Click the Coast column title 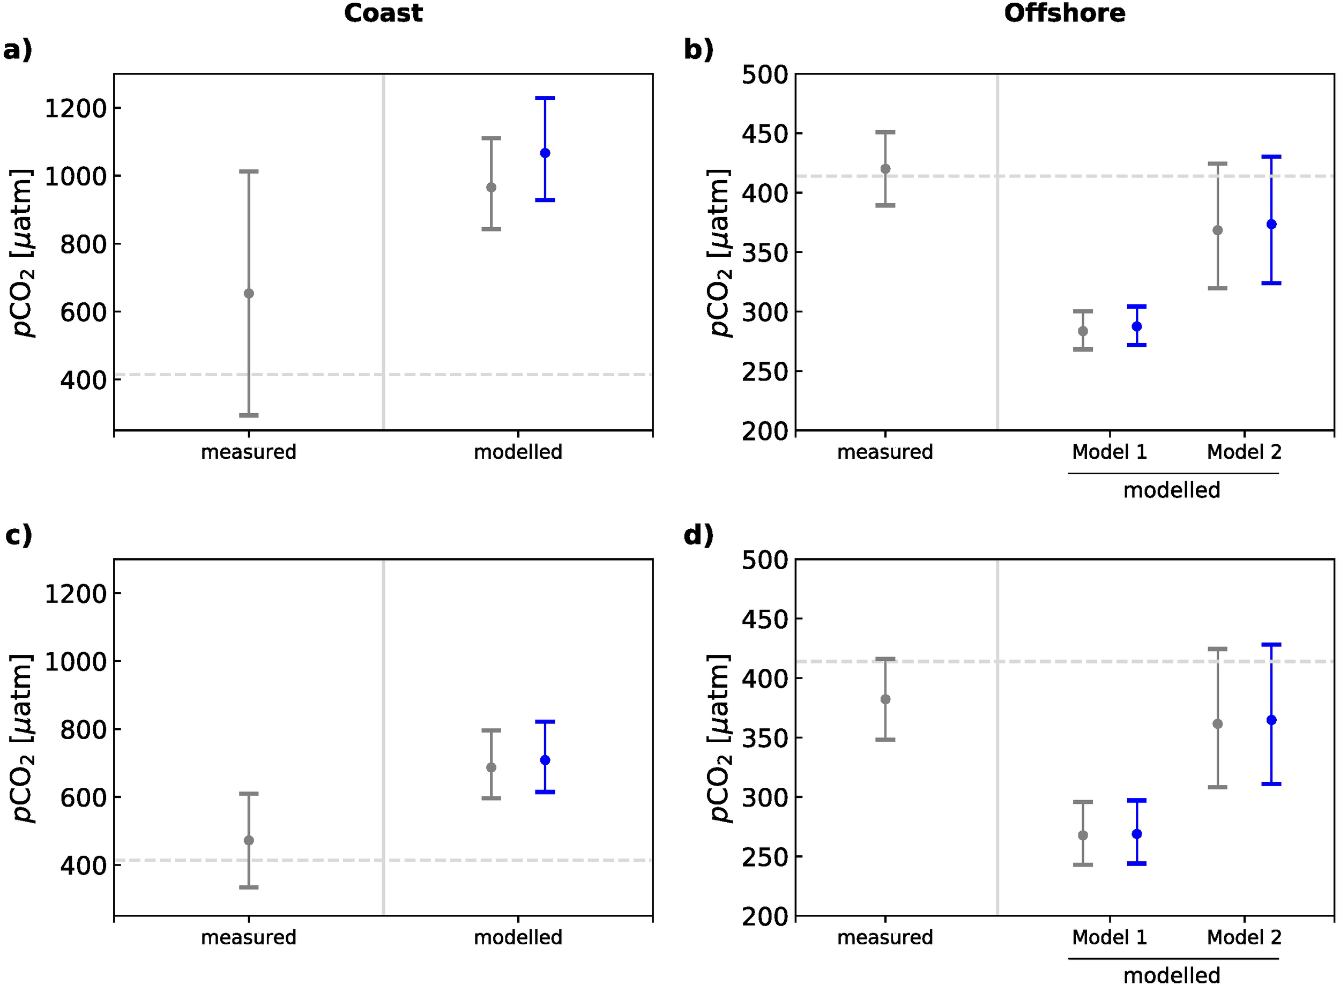pos(383,13)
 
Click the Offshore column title pos(1064,13)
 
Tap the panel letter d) pos(698,535)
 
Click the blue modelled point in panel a pos(545,153)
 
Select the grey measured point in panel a pos(249,293)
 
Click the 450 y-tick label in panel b pos(764,134)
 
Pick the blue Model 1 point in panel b pos(1137,327)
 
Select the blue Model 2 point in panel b pos(1271,224)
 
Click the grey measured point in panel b pos(885,169)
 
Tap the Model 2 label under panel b pos(1244,452)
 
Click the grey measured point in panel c pos(249,841)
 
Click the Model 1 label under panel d pos(1109,938)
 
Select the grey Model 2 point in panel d pos(1218,725)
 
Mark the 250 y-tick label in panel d pos(764,857)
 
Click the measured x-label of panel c pos(248,938)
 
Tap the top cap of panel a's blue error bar pos(545,98)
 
